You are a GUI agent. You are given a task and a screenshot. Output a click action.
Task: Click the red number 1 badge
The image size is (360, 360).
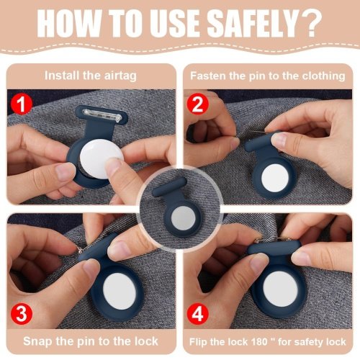click(x=22, y=104)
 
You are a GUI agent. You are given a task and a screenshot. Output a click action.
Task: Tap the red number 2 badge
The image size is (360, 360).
click(x=197, y=104)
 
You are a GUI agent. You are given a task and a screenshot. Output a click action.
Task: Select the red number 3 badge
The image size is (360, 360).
click(x=22, y=314)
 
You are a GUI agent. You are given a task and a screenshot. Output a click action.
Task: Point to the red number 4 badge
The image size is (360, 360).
click(x=197, y=314)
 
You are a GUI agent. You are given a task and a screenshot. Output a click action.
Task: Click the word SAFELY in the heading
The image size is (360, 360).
click(x=253, y=24)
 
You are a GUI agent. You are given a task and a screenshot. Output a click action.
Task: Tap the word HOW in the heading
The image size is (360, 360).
click(x=69, y=24)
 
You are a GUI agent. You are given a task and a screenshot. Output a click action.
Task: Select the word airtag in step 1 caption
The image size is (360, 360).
click(x=120, y=76)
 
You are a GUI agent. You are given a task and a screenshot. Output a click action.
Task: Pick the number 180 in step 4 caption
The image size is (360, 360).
click(x=259, y=341)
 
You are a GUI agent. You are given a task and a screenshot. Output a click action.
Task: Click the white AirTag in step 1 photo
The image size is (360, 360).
click(x=102, y=158)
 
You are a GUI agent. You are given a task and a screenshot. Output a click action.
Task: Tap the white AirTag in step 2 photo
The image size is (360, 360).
click(x=275, y=178)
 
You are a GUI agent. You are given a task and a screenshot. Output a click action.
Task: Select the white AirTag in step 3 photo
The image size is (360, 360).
click(x=120, y=291)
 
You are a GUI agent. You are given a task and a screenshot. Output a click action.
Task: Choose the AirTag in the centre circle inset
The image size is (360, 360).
click(x=184, y=218)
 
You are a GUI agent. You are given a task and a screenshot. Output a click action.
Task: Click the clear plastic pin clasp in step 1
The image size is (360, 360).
click(x=102, y=115)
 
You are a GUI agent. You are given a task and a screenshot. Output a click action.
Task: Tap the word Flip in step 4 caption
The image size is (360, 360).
click(x=199, y=341)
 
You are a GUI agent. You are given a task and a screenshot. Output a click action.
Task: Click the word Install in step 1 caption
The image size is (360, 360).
click(x=62, y=76)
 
